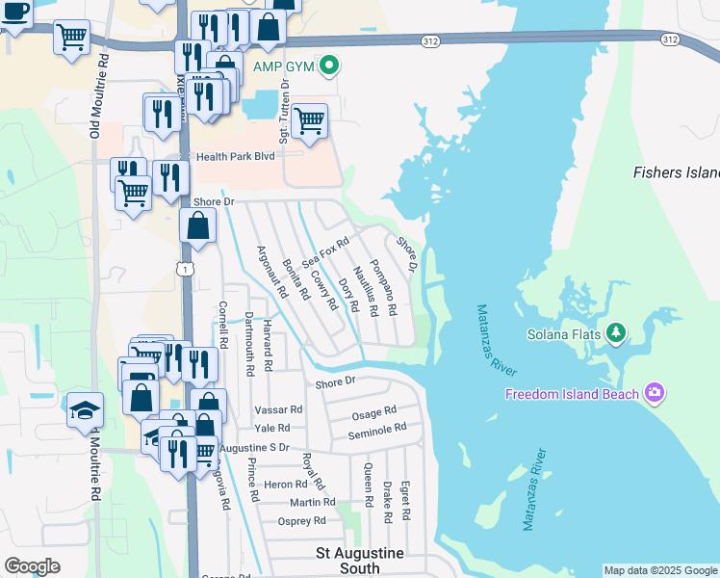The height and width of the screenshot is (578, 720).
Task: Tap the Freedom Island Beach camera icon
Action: click(655, 393)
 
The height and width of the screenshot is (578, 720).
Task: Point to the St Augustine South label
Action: click(361, 562)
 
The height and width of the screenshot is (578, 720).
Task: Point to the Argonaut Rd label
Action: click(271, 271)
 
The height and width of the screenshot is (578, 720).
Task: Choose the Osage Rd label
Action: click(374, 412)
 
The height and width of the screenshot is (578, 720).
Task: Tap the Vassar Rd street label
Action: click(278, 409)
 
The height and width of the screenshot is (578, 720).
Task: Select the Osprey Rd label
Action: click(301, 520)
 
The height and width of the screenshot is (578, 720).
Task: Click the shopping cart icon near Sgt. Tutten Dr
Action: click(309, 120)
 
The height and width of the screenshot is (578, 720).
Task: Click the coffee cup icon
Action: click(14, 12)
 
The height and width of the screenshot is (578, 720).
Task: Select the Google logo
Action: click(32, 566)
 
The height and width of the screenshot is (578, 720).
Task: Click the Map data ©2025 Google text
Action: click(659, 570)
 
